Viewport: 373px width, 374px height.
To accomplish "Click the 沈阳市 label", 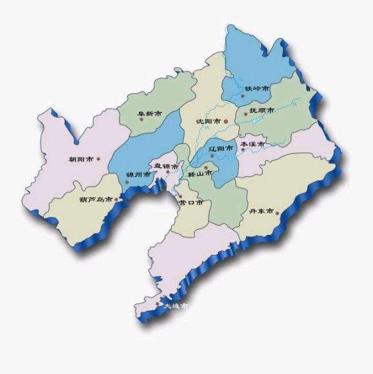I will [x=208, y=121].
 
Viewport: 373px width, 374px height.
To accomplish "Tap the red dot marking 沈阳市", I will [x=226, y=120].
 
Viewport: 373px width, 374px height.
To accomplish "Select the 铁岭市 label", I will [x=257, y=88].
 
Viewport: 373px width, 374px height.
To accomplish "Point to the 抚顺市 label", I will [x=262, y=111].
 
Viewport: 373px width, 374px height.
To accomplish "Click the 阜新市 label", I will [x=149, y=114].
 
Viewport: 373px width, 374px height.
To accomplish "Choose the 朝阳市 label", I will [x=81, y=159].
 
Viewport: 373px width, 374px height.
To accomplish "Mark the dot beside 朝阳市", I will [x=98, y=158].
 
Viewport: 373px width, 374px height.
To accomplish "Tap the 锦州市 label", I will [x=138, y=174].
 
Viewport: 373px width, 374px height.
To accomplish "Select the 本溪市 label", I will [x=251, y=145].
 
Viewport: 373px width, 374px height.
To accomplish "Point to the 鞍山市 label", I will [x=199, y=174].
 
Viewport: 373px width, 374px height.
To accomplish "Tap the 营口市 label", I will [x=191, y=202].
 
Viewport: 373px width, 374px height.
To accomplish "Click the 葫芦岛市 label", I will [x=96, y=200].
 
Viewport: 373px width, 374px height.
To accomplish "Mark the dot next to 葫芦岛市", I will [x=117, y=200].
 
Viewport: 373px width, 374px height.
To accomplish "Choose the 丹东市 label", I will [x=261, y=212].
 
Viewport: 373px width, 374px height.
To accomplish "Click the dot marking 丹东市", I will [x=278, y=210].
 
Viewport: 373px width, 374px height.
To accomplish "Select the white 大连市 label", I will [x=176, y=306].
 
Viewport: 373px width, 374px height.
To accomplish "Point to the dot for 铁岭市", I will [x=242, y=96].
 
